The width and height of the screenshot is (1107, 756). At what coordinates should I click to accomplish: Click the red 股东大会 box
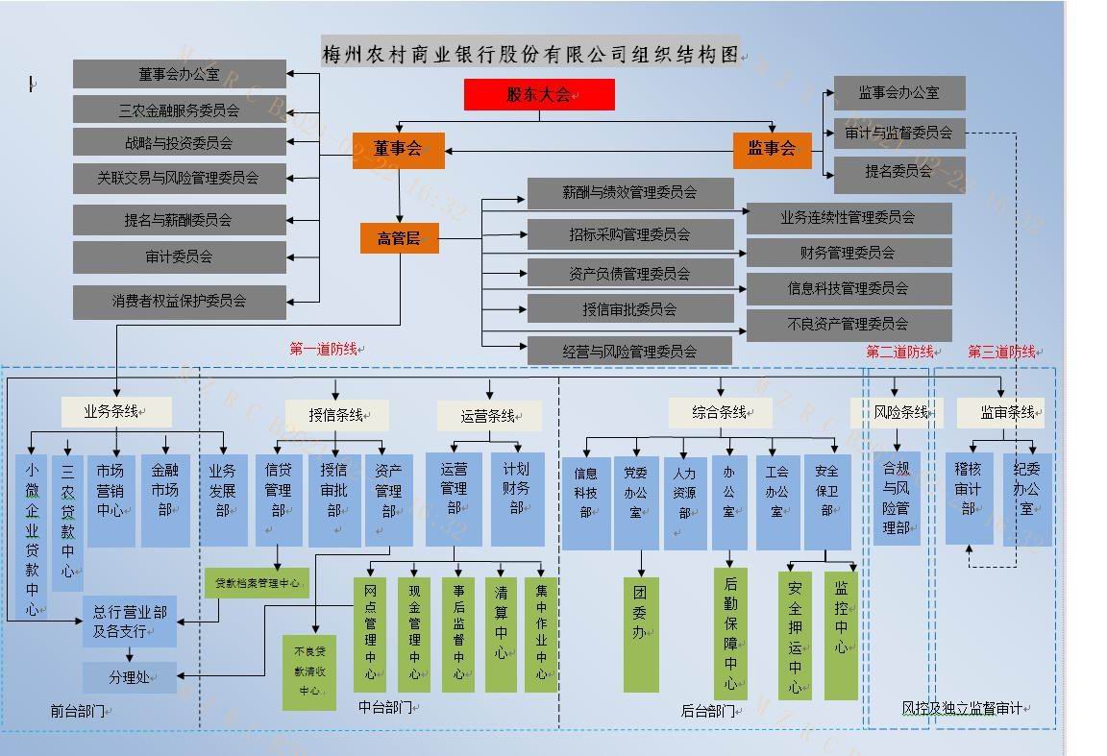click(x=539, y=94)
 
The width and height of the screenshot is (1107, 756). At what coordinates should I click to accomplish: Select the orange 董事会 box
click(x=398, y=149)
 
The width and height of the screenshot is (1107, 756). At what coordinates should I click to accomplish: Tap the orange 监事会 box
click(x=772, y=149)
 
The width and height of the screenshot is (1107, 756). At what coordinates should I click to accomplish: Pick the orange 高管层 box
click(x=399, y=238)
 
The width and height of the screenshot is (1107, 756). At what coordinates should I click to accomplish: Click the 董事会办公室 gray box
click(x=180, y=74)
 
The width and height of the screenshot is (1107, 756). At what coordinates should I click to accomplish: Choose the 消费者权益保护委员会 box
click(x=180, y=301)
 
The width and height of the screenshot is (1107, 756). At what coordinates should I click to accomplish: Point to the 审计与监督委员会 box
click(x=898, y=133)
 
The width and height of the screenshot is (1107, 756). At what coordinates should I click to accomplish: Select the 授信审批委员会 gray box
click(x=629, y=308)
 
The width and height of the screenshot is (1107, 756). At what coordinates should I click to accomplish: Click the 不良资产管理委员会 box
click(x=849, y=324)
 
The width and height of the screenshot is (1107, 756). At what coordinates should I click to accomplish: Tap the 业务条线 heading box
click(x=116, y=412)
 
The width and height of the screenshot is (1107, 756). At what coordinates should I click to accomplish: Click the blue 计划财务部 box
click(x=517, y=499)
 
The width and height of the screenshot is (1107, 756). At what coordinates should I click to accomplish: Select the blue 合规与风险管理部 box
click(x=896, y=498)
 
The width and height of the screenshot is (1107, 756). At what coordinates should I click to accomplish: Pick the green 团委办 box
click(x=641, y=633)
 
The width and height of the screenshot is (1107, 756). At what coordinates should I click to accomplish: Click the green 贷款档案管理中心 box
click(x=257, y=582)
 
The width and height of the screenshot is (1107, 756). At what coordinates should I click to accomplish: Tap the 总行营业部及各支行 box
click(x=129, y=622)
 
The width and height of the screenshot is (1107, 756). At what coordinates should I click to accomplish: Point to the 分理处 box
click(x=129, y=677)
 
